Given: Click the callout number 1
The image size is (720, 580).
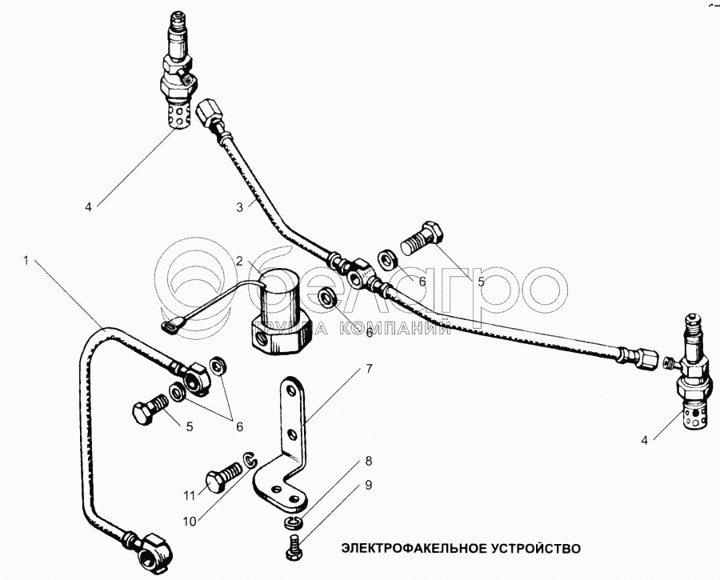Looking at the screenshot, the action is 26,260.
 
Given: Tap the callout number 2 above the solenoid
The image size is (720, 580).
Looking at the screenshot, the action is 239,261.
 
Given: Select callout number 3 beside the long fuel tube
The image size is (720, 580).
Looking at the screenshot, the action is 239,207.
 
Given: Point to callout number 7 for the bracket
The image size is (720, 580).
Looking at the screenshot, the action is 370,368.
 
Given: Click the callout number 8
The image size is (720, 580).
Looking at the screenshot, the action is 369,461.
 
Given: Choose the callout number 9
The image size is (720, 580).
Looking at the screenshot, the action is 369,485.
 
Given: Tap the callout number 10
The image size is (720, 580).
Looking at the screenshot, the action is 190,522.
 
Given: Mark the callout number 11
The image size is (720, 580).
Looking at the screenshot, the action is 190,496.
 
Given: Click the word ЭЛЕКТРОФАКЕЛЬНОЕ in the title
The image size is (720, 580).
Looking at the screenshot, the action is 414,548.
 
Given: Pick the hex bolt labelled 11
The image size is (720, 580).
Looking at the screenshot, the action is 223,477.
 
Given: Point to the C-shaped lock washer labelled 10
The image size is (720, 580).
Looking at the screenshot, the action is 249,461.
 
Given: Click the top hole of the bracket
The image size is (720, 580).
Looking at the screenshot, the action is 290,390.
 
